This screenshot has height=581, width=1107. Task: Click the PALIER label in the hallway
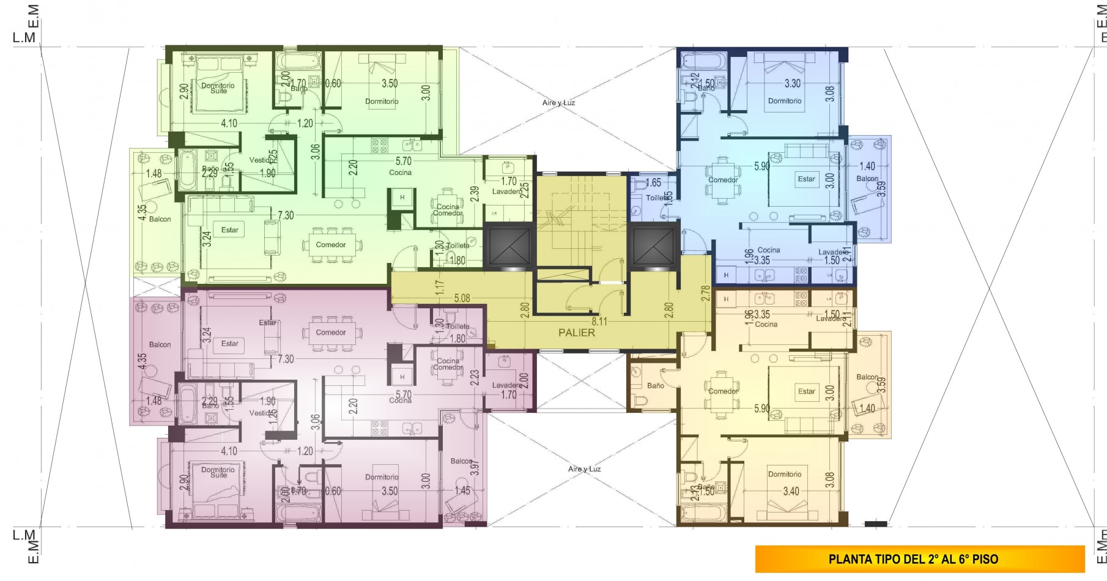click(x=576, y=333)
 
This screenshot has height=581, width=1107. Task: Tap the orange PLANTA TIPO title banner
click(x=919, y=559)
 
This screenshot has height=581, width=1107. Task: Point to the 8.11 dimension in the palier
click(x=599, y=321)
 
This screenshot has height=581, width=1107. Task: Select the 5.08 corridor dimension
click(x=462, y=298)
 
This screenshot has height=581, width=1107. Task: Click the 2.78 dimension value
click(x=706, y=293)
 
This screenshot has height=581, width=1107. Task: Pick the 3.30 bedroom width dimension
click(x=793, y=84)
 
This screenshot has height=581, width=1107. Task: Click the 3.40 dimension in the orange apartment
click(x=791, y=490)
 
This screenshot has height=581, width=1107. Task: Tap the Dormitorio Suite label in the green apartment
click(x=218, y=88)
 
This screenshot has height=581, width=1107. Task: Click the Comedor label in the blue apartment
click(x=723, y=180)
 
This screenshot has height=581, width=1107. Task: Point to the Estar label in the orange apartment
click(x=806, y=391)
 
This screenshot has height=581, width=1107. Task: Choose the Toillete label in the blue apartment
click(x=657, y=198)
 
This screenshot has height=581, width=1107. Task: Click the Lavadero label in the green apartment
click(x=507, y=191)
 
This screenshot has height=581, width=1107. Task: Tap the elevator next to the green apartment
click(x=508, y=247)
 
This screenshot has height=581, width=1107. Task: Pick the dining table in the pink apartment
click(x=331, y=333)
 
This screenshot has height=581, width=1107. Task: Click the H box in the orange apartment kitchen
click(x=726, y=299)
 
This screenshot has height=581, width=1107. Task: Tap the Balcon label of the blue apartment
click(x=867, y=179)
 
